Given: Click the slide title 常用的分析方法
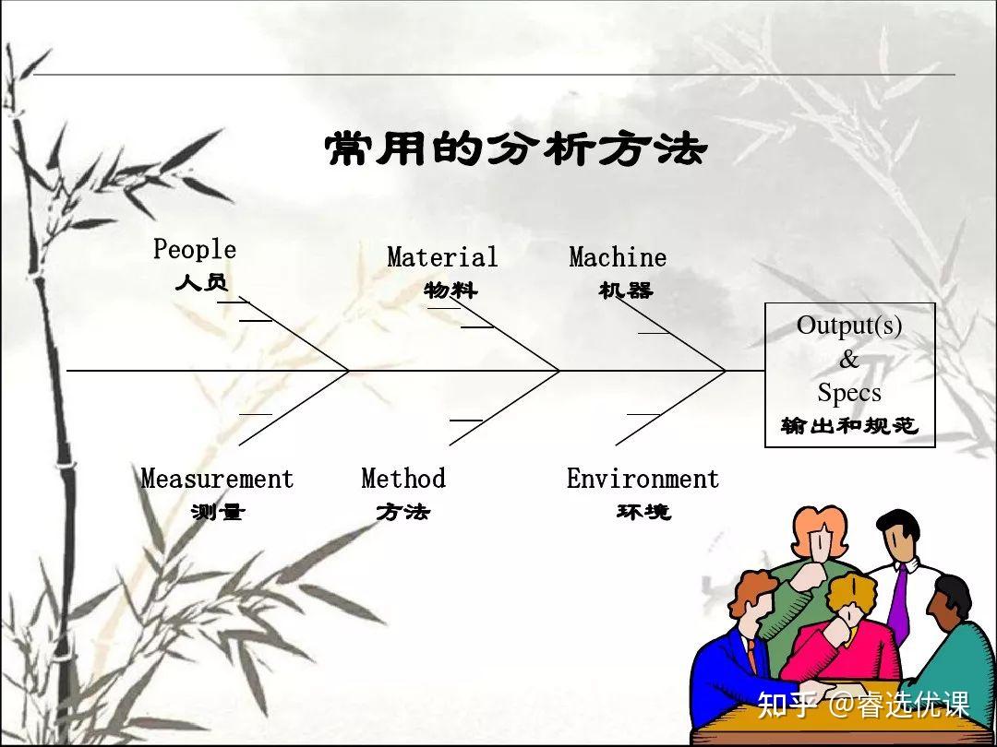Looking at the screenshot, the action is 516,149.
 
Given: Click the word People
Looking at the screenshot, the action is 195,248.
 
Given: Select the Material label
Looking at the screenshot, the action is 442,256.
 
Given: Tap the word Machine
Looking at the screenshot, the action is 618,256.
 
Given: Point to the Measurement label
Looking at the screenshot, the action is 218,479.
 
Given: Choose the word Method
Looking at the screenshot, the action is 403,479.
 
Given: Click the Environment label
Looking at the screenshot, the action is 643,479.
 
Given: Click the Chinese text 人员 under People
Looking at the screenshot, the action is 201,282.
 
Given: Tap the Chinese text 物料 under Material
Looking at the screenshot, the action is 450,290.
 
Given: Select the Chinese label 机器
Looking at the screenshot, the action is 626,290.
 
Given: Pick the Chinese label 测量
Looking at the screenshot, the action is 218,511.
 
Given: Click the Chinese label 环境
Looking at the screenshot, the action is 643,511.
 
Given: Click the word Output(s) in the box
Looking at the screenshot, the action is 849,326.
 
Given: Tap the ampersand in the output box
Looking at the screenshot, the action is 849,360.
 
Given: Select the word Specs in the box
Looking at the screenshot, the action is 849,393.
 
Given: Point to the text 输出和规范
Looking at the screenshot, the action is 849,425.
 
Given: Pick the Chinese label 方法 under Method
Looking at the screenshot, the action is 403,511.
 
